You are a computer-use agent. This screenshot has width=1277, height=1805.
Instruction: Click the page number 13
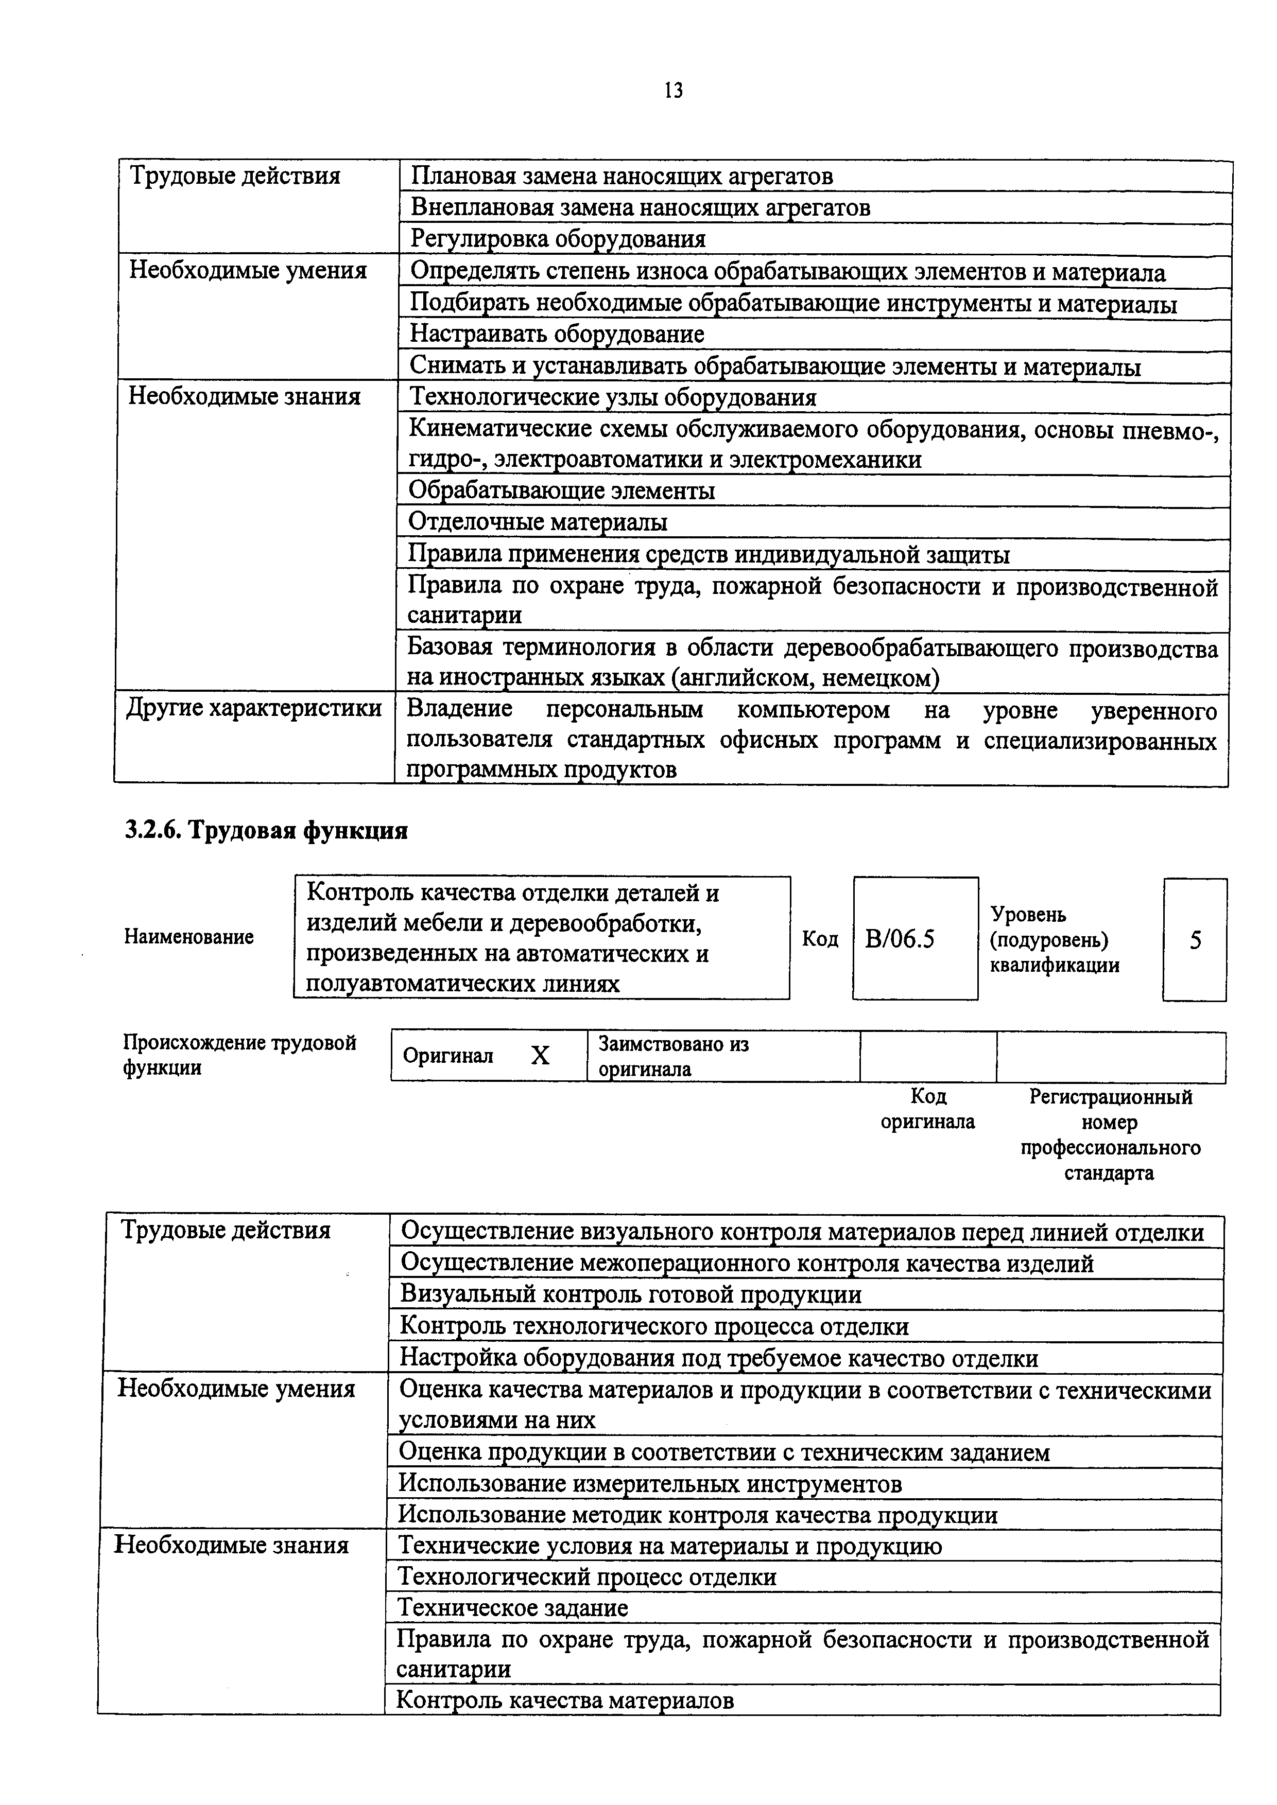[673, 91]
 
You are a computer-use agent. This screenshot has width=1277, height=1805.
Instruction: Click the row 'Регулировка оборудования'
[558, 239]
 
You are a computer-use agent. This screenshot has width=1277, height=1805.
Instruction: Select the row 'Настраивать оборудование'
[557, 335]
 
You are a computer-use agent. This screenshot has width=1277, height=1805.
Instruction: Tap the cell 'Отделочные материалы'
[538, 522]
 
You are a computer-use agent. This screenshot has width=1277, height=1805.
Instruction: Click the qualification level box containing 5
[1195, 940]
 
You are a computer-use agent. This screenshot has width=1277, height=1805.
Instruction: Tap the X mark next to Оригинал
[540, 1056]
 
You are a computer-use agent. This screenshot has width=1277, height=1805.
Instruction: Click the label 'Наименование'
[189, 937]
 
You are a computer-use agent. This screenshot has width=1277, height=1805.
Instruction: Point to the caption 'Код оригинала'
[928, 1109]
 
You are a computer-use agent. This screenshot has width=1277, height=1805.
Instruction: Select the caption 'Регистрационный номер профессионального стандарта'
[1110, 1134]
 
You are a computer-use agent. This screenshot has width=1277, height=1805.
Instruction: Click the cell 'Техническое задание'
[513, 1608]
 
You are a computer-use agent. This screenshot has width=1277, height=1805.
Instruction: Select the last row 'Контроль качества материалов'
[564, 1701]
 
